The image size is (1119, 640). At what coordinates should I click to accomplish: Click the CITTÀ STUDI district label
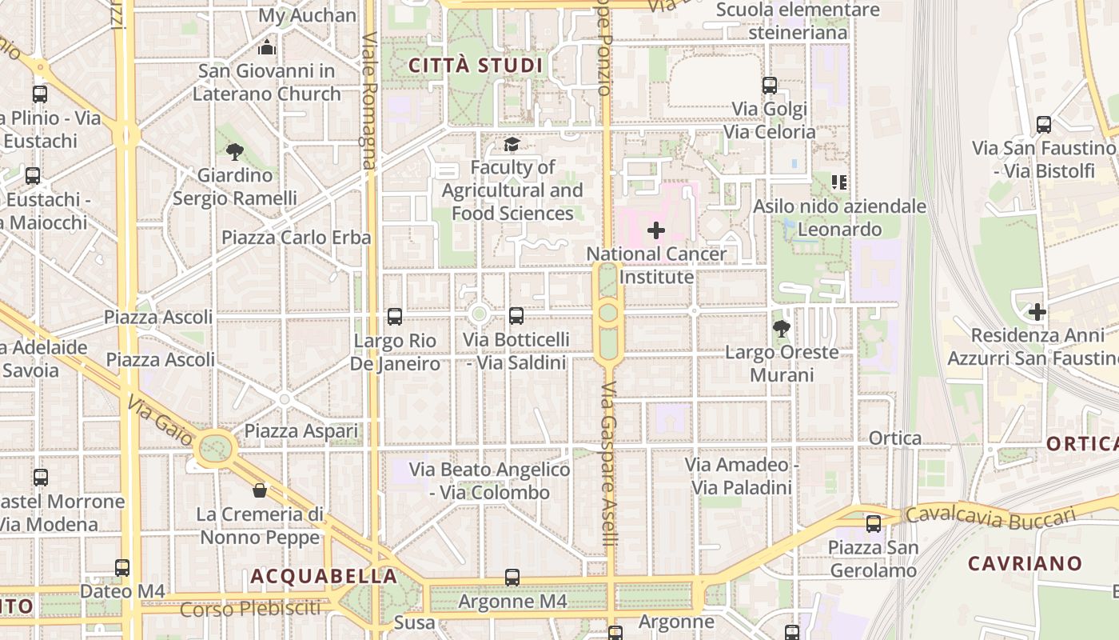[x=476, y=66]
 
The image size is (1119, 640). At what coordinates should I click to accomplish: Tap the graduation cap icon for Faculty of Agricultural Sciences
[x=512, y=145]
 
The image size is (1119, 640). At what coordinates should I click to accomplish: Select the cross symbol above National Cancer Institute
[x=656, y=231]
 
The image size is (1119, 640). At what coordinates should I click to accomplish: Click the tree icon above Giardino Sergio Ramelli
[x=235, y=151]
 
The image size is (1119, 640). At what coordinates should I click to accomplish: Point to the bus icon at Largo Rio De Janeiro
[x=395, y=317]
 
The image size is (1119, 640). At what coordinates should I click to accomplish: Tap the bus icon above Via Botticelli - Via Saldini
[x=516, y=316]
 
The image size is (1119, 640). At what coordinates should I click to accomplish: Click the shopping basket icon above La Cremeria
[x=260, y=490]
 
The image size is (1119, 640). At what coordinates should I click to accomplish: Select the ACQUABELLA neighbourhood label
[x=324, y=576]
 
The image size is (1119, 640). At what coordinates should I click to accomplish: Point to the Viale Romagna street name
[x=369, y=100]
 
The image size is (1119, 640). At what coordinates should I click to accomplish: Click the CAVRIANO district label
[x=1025, y=563]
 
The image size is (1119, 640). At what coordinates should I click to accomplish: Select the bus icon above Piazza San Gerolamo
[x=874, y=524]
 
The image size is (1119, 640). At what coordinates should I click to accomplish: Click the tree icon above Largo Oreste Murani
[x=782, y=328]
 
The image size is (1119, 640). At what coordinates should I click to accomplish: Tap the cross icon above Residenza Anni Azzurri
[x=1037, y=312]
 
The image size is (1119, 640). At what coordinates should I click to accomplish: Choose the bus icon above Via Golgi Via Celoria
[x=770, y=85]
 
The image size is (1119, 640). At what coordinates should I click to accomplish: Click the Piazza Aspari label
[x=301, y=431]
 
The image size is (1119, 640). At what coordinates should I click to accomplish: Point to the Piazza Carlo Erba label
[x=296, y=238]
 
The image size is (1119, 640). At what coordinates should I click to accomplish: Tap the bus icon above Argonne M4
[x=512, y=577]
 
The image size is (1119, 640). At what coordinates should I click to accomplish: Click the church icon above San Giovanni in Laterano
[x=268, y=48]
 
